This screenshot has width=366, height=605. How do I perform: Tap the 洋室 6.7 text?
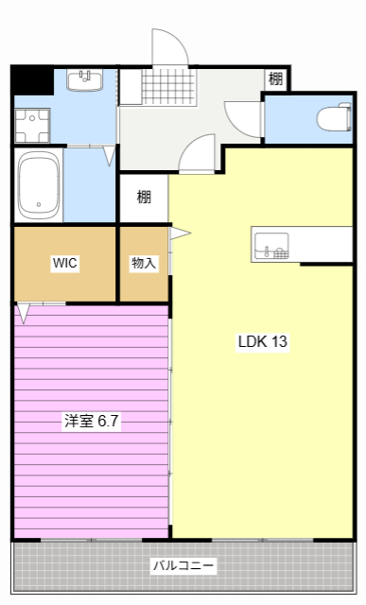tap(91, 422)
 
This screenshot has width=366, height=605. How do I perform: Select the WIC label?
tap(64, 264)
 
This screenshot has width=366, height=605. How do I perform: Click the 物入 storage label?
tap(143, 264)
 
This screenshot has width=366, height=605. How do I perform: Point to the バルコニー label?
tap(183, 566)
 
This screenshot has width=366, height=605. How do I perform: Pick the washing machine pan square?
tap(31, 124)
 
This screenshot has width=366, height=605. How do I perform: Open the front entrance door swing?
tap(166, 47)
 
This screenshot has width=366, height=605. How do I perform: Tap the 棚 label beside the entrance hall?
tap(275, 79)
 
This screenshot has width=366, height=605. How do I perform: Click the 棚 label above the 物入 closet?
tap(143, 198)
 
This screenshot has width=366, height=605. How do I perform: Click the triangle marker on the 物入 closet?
tap(180, 233)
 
